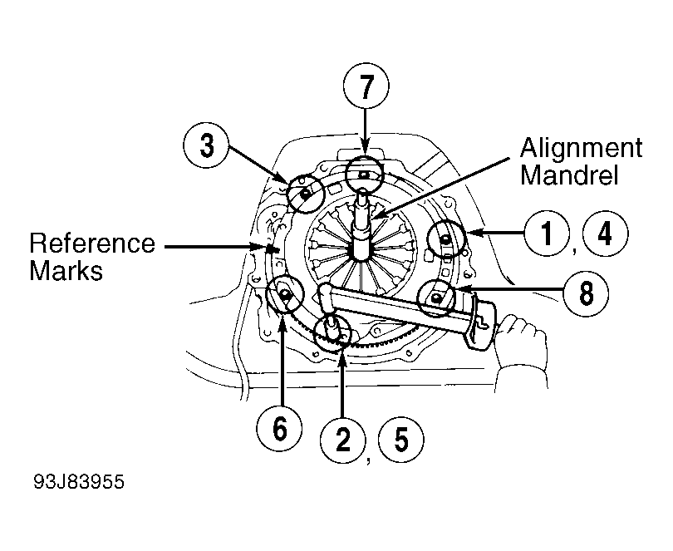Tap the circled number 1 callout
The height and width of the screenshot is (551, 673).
[x=545, y=233]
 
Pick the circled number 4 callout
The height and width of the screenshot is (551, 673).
[x=605, y=233]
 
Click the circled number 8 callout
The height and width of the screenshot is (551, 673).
[x=585, y=292]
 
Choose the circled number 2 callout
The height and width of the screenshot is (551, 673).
[x=342, y=438]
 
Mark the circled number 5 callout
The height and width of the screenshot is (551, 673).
[x=401, y=438]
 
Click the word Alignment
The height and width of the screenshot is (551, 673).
[x=581, y=149]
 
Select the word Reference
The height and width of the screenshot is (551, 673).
[x=91, y=244]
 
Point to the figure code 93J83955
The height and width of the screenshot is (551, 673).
[x=80, y=482]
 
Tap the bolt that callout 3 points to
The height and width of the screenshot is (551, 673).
[x=306, y=194]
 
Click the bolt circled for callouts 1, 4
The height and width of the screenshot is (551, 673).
[x=446, y=241]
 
